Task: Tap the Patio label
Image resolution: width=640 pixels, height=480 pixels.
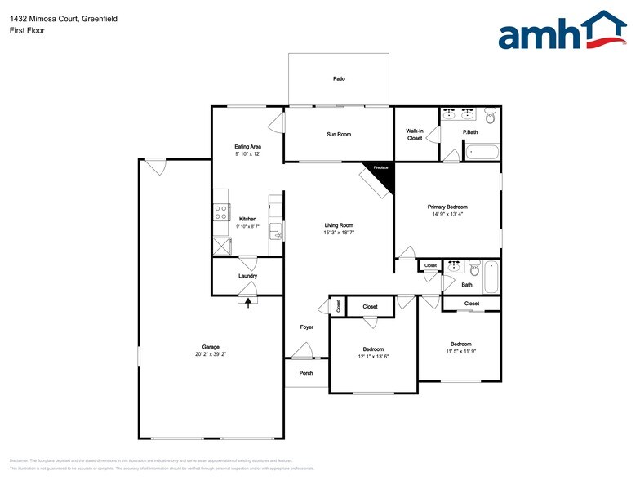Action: [x=339, y=79]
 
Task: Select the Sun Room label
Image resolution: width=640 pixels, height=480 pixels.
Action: [x=339, y=134]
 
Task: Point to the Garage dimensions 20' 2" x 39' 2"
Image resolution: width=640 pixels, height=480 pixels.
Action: [x=211, y=354]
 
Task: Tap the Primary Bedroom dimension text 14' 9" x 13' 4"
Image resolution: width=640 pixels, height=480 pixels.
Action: [x=447, y=215]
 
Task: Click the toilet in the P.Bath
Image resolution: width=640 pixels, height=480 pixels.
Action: [x=490, y=116]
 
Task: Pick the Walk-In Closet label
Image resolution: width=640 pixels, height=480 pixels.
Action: [x=415, y=134]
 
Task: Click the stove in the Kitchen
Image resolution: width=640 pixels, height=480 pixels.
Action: [x=220, y=212]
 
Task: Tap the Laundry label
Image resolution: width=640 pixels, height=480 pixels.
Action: [x=247, y=276]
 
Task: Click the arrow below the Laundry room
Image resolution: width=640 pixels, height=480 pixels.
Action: [x=248, y=301]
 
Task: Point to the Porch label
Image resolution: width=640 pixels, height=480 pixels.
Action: [x=306, y=373]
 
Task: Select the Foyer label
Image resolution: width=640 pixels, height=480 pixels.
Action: [x=306, y=327]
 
